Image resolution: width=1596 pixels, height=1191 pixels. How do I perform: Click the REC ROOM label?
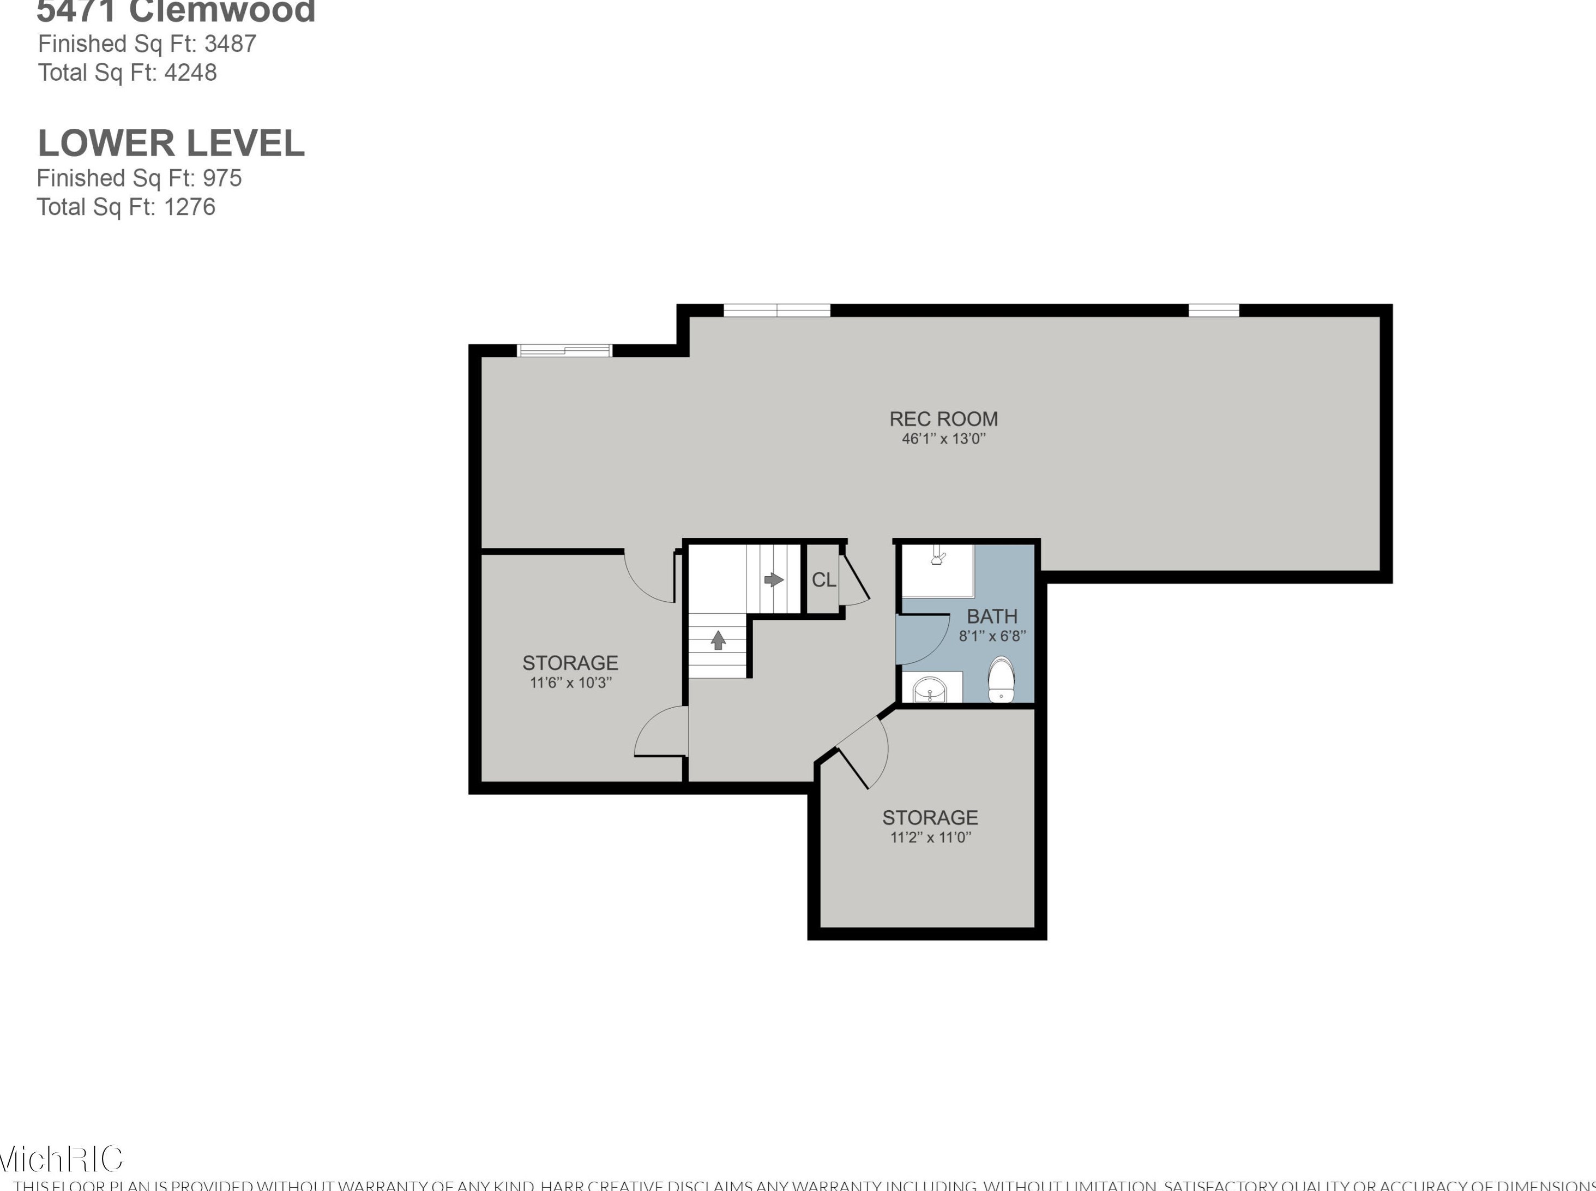coord(943,419)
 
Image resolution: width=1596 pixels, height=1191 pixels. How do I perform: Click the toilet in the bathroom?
coord(1000,680)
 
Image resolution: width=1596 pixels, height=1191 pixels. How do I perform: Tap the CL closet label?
coord(823,579)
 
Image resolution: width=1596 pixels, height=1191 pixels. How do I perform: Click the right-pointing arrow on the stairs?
coord(774,579)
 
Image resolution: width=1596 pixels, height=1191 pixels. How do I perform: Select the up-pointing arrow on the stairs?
coord(718,639)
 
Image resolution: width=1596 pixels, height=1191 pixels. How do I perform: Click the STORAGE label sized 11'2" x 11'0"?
coord(930,817)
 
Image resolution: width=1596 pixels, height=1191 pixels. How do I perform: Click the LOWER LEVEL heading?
coord(172,143)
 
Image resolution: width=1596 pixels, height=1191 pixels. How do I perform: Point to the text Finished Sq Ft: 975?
coord(139,178)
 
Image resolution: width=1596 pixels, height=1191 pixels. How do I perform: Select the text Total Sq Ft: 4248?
coord(128,73)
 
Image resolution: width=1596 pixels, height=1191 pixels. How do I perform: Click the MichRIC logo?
coord(61,1159)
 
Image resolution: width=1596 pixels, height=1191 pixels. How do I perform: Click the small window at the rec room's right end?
coord(1213,311)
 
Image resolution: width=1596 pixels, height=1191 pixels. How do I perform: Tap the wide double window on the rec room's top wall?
coord(777,311)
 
